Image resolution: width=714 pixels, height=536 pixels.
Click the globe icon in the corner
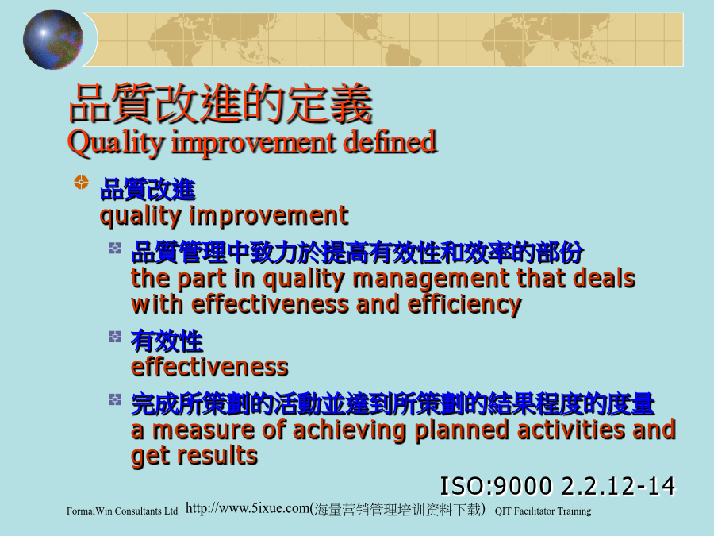(x=53, y=40)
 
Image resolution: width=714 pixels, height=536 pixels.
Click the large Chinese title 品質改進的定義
(x=221, y=104)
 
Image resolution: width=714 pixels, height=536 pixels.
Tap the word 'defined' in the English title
(x=390, y=142)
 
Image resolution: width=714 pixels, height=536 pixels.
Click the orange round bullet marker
(x=81, y=182)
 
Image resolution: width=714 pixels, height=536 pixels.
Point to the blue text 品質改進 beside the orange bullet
(x=148, y=190)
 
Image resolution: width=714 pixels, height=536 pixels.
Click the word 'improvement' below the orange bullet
(x=269, y=215)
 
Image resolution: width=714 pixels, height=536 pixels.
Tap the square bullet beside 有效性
(x=115, y=337)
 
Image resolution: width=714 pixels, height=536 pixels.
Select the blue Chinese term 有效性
(x=167, y=341)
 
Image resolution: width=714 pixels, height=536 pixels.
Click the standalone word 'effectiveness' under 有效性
(x=209, y=367)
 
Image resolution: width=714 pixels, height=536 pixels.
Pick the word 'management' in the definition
(x=430, y=280)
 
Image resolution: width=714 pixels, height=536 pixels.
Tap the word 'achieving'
(x=348, y=430)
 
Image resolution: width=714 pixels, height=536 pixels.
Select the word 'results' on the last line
(x=223, y=455)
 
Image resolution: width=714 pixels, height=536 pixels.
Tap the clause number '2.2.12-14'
(x=618, y=486)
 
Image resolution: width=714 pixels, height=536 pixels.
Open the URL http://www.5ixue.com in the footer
(x=248, y=507)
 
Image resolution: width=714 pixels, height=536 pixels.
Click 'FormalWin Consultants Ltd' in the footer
(x=122, y=511)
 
